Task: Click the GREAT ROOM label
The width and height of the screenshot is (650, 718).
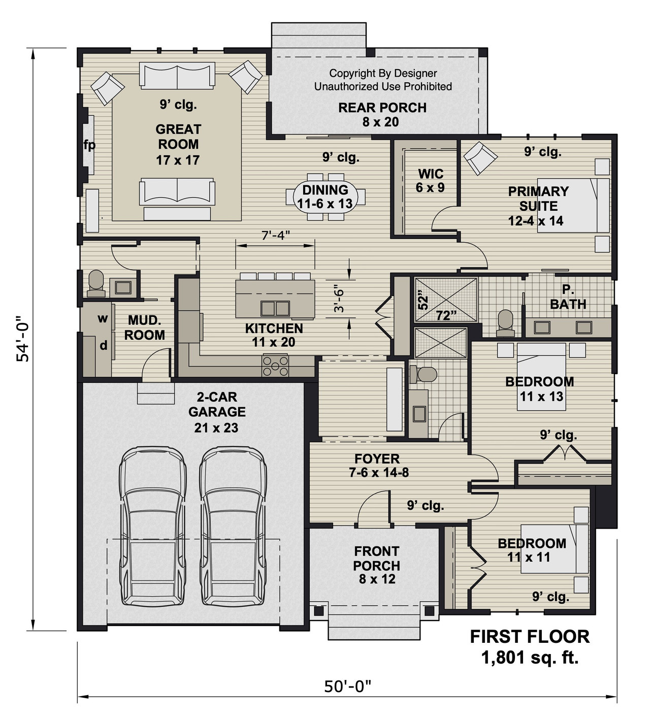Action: [x=178, y=144]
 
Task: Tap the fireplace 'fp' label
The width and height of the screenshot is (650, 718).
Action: [x=89, y=146]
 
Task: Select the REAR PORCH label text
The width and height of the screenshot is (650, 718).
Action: [x=382, y=108]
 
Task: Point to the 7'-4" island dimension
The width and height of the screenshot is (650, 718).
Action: [x=275, y=235]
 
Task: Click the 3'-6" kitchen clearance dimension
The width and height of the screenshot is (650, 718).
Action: [x=339, y=301]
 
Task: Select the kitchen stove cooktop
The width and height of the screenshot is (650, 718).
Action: [x=275, y=366]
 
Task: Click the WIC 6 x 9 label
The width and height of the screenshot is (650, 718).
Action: [x=431, y=180]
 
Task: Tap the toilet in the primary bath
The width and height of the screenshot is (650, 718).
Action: [x=506, y=323]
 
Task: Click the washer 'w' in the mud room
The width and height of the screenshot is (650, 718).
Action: [x=103, y=319]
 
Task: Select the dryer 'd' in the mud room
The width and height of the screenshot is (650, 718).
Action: [x=103, y=345]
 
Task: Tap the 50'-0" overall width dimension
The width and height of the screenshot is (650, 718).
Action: [x=348, y=687]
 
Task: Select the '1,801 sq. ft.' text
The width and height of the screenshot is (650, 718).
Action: [x=530, y=658]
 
